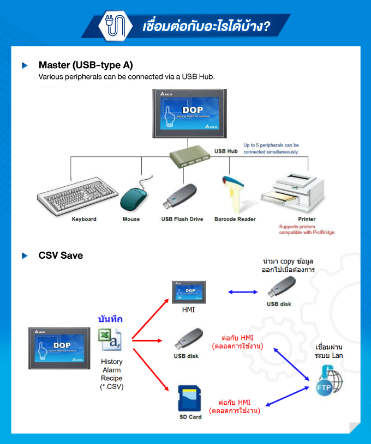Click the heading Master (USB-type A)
click(86, 65)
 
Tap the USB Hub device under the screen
click(189, 156)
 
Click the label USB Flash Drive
click(182, 219)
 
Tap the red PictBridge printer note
click(307, 229)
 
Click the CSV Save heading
click(61, 255)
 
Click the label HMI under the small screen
click(188, 310)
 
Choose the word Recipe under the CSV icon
click(111, 378)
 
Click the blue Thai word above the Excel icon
click(110, 319)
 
